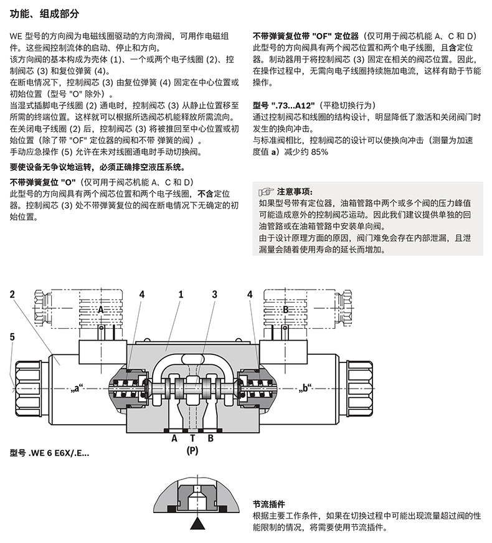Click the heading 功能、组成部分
(44, 12)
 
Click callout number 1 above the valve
(181, 293)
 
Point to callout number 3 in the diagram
(214, 293)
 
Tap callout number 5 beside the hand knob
(12, 337)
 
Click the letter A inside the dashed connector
(100, 309)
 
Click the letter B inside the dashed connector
(286, 309)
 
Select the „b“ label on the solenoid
(305, 390)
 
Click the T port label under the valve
(192, 438)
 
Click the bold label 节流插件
(269, 504)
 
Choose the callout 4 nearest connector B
(250, 293)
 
